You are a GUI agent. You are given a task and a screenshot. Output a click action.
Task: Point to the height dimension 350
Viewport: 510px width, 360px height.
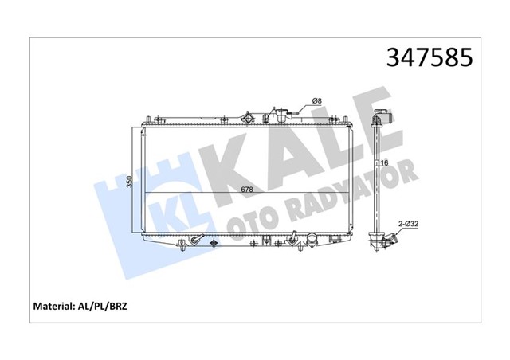(x=130, y=182)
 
